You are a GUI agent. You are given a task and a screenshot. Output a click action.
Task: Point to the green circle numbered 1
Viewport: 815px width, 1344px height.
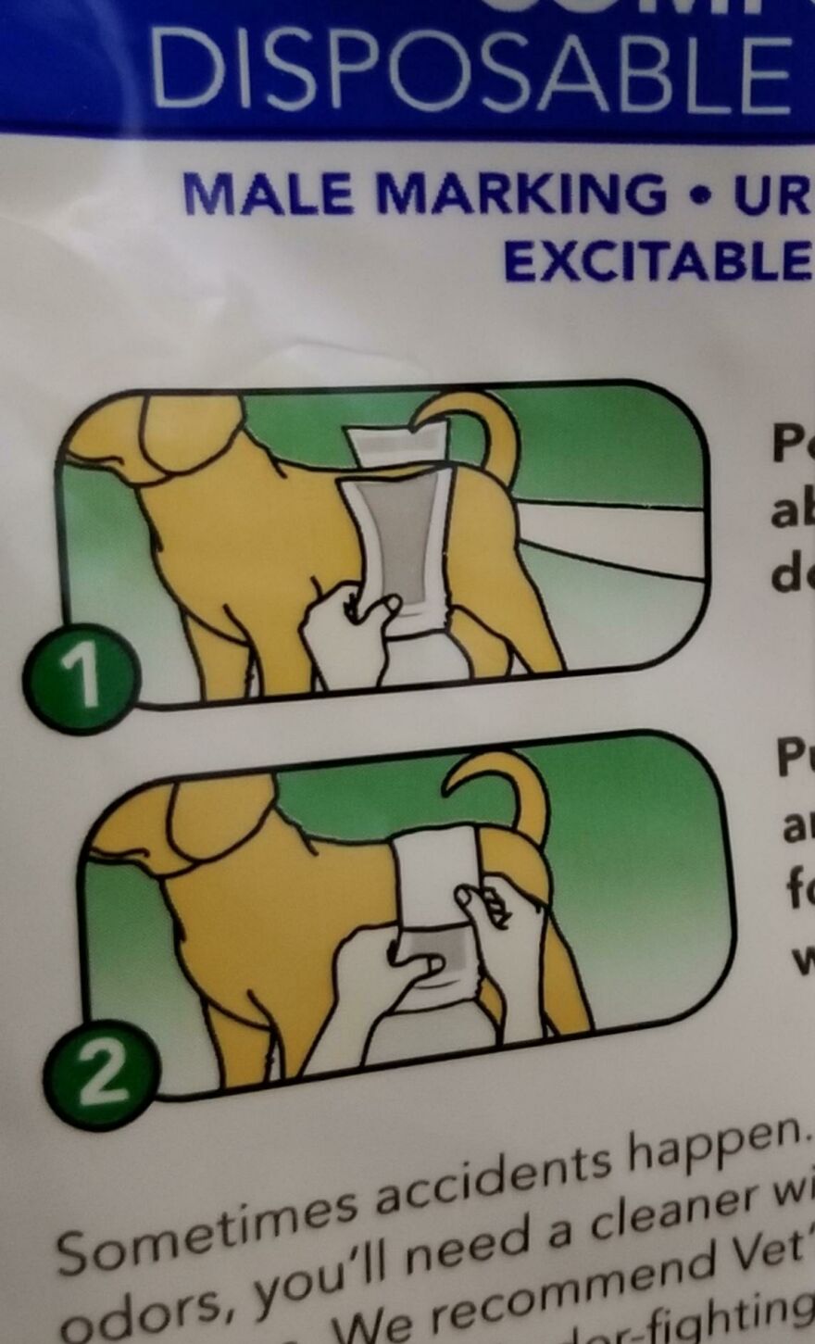[81, 679]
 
